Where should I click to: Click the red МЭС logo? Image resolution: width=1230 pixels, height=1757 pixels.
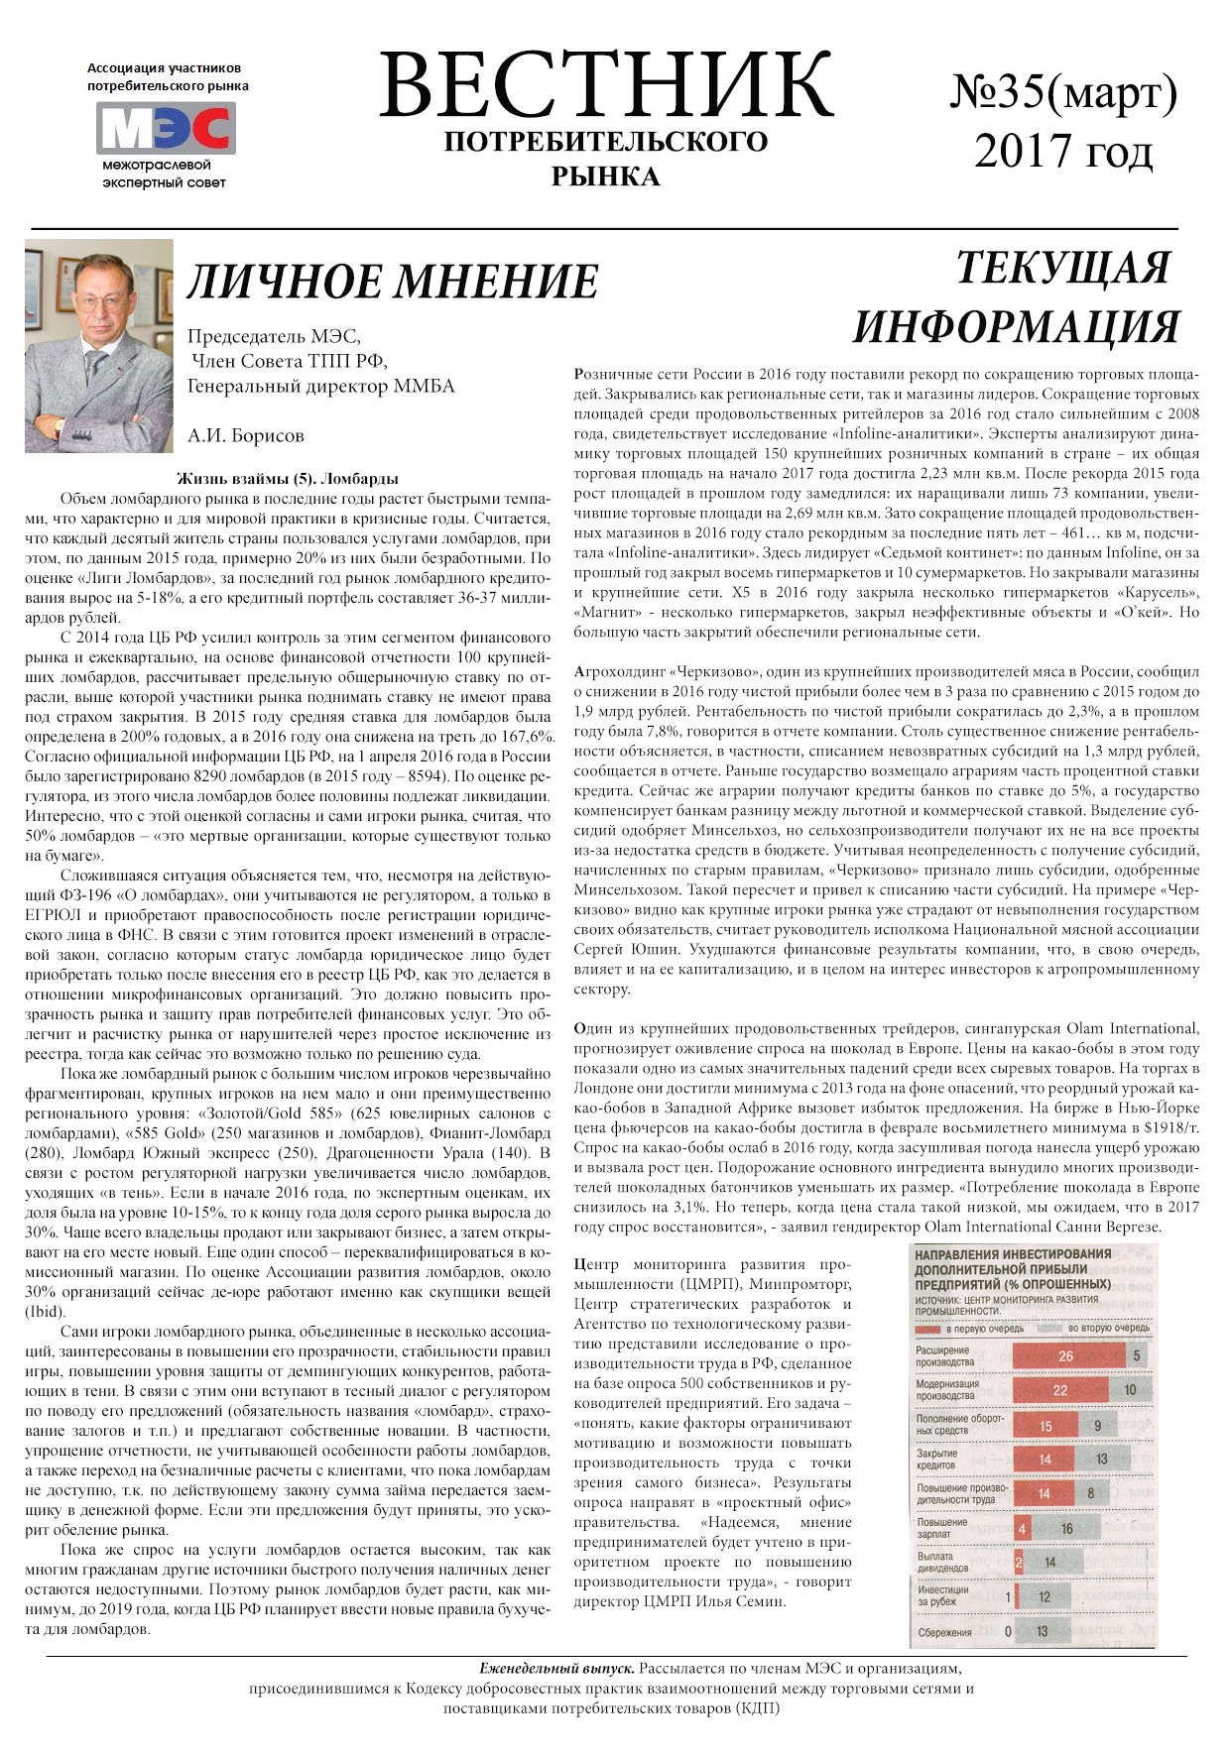click(x=166, y=129)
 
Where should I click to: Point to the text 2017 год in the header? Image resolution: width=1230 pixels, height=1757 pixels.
click(x=1063, y=151)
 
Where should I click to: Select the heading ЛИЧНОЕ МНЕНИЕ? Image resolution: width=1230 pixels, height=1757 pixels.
click(x=393, y=282)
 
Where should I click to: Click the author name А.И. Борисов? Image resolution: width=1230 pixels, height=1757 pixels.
click(x=245, y=435)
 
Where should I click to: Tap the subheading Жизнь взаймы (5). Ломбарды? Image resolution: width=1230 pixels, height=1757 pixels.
click(x=288, y=479)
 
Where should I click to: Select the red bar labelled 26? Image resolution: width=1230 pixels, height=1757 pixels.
click(x=1066, y=1355)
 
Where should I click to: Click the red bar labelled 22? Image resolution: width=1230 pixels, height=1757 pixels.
click(x=1059, y=1390)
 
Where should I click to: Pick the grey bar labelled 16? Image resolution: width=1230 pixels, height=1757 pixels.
click(x=1066, y=1528)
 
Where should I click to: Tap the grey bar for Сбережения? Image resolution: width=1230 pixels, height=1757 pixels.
click(x=1044, y=1632)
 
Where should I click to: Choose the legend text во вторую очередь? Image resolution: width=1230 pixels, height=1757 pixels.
click(x=1108, y=1328)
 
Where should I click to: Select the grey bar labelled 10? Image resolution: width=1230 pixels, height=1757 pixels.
click(x=1130, y=1390)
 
